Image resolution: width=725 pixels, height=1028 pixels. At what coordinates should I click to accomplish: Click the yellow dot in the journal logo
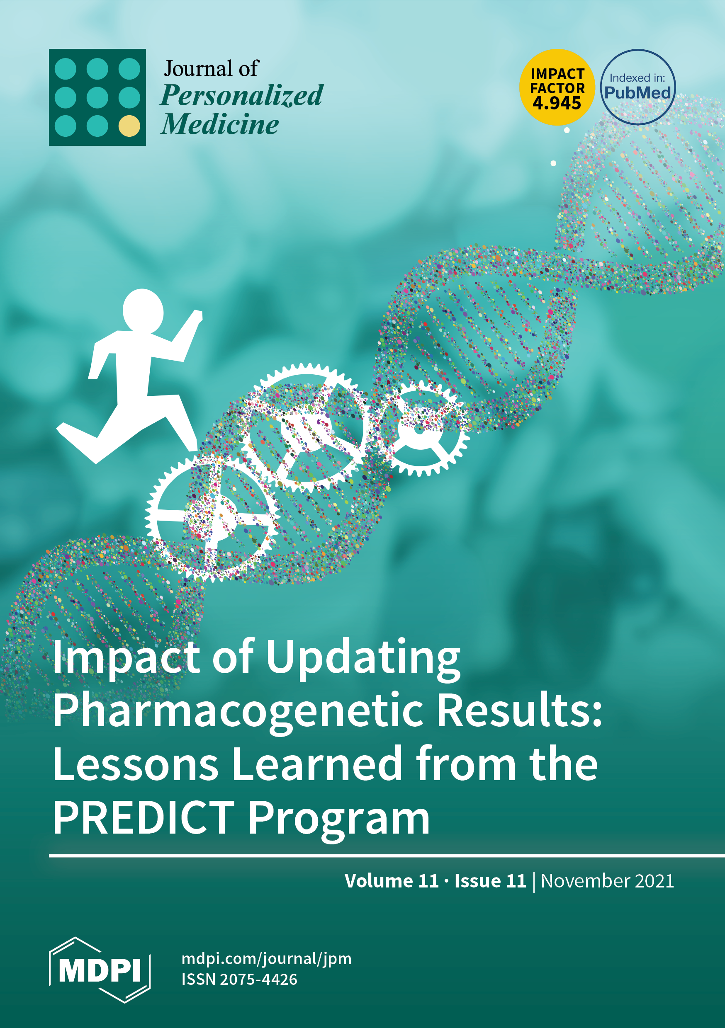[x=129, y=126]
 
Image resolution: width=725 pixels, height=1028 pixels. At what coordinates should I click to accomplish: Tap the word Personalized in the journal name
[x=241, y=95]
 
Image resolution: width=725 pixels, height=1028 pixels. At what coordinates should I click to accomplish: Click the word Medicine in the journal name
[x=220, y=124]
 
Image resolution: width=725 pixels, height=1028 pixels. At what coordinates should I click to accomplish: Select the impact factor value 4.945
[x=557, y=104]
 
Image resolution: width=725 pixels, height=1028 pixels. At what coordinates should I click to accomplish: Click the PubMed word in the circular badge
[x=637, y=93]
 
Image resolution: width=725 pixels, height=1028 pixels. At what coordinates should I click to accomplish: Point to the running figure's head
[x=143, y=311]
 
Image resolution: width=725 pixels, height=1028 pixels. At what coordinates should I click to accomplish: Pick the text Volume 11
[x=391, y=881]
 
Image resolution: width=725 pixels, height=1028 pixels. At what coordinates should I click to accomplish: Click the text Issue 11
[x=490, y=881]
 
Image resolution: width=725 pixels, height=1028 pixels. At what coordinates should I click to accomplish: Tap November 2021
[x=607, y=881]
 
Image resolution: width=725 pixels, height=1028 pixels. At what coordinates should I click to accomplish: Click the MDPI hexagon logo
[x=100, y=970]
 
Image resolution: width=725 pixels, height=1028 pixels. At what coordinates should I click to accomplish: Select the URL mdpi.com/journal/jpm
[x=267, y=959]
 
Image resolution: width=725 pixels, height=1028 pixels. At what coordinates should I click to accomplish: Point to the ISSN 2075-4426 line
[x=239, y=980]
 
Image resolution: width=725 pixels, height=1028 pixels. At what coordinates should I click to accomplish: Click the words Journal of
[x=211, y=68]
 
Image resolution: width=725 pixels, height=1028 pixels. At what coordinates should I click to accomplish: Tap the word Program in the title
[x=339, y=820]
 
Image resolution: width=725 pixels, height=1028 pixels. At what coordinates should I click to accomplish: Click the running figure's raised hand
[x=197, y=315]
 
